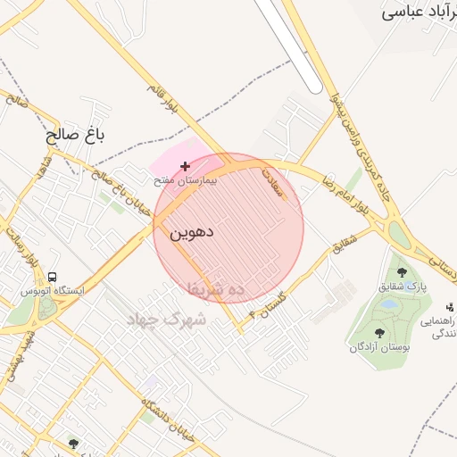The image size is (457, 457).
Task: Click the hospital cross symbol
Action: click(x=185, y=166)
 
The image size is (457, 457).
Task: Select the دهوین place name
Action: click(x=191, y=234)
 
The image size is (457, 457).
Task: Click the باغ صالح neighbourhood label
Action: click(x=76, y=137)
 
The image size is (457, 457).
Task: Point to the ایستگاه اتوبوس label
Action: click(x=53, y=291)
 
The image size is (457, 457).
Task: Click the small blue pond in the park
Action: click(x=389, y=304)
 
